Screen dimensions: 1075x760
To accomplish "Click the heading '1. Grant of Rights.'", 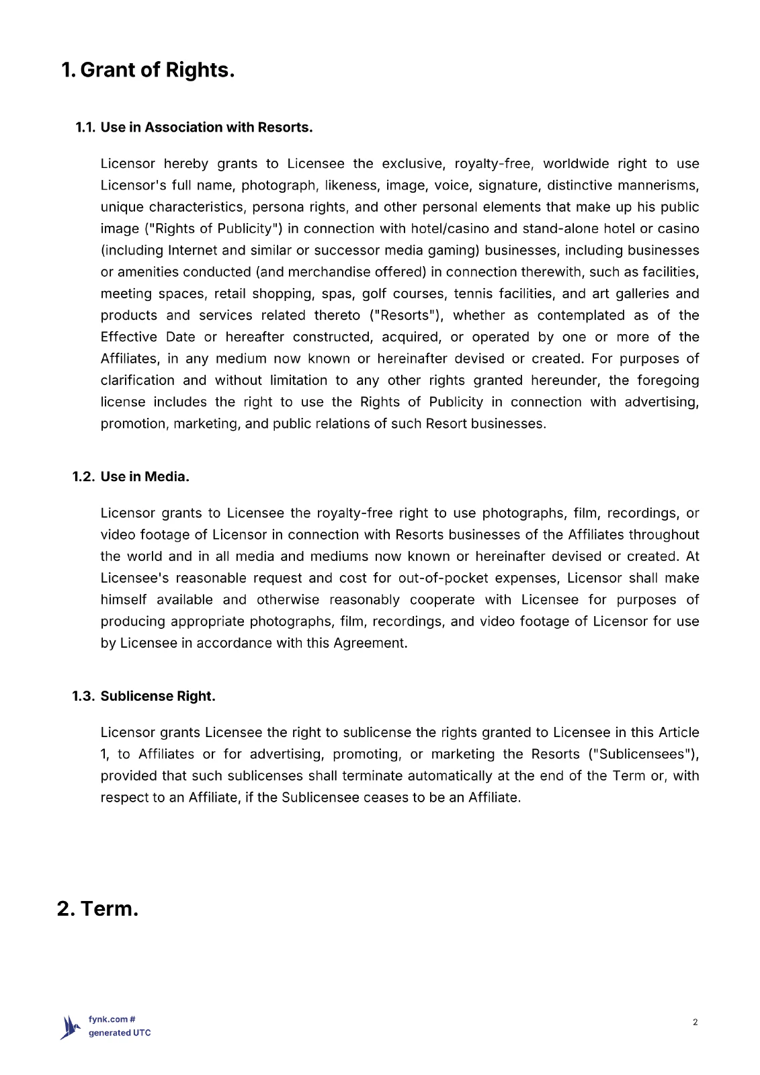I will tap(148, 70).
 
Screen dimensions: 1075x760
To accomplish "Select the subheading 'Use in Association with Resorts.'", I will tap(206, 128).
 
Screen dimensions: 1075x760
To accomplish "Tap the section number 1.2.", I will tap(83, 477).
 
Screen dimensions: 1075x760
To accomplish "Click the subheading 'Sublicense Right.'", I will tap(158, 697).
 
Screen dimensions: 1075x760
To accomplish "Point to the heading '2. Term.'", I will tap(98, 909).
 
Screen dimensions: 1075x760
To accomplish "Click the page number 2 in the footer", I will tap(695, 1023).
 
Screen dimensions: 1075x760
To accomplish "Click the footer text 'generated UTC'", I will tap(120, 1033).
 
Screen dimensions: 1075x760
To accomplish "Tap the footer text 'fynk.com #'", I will tap(112, 1020).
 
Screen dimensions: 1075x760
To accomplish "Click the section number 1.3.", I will tap(83, 697).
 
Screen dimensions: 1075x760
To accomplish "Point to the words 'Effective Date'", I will tap(148, 337).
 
